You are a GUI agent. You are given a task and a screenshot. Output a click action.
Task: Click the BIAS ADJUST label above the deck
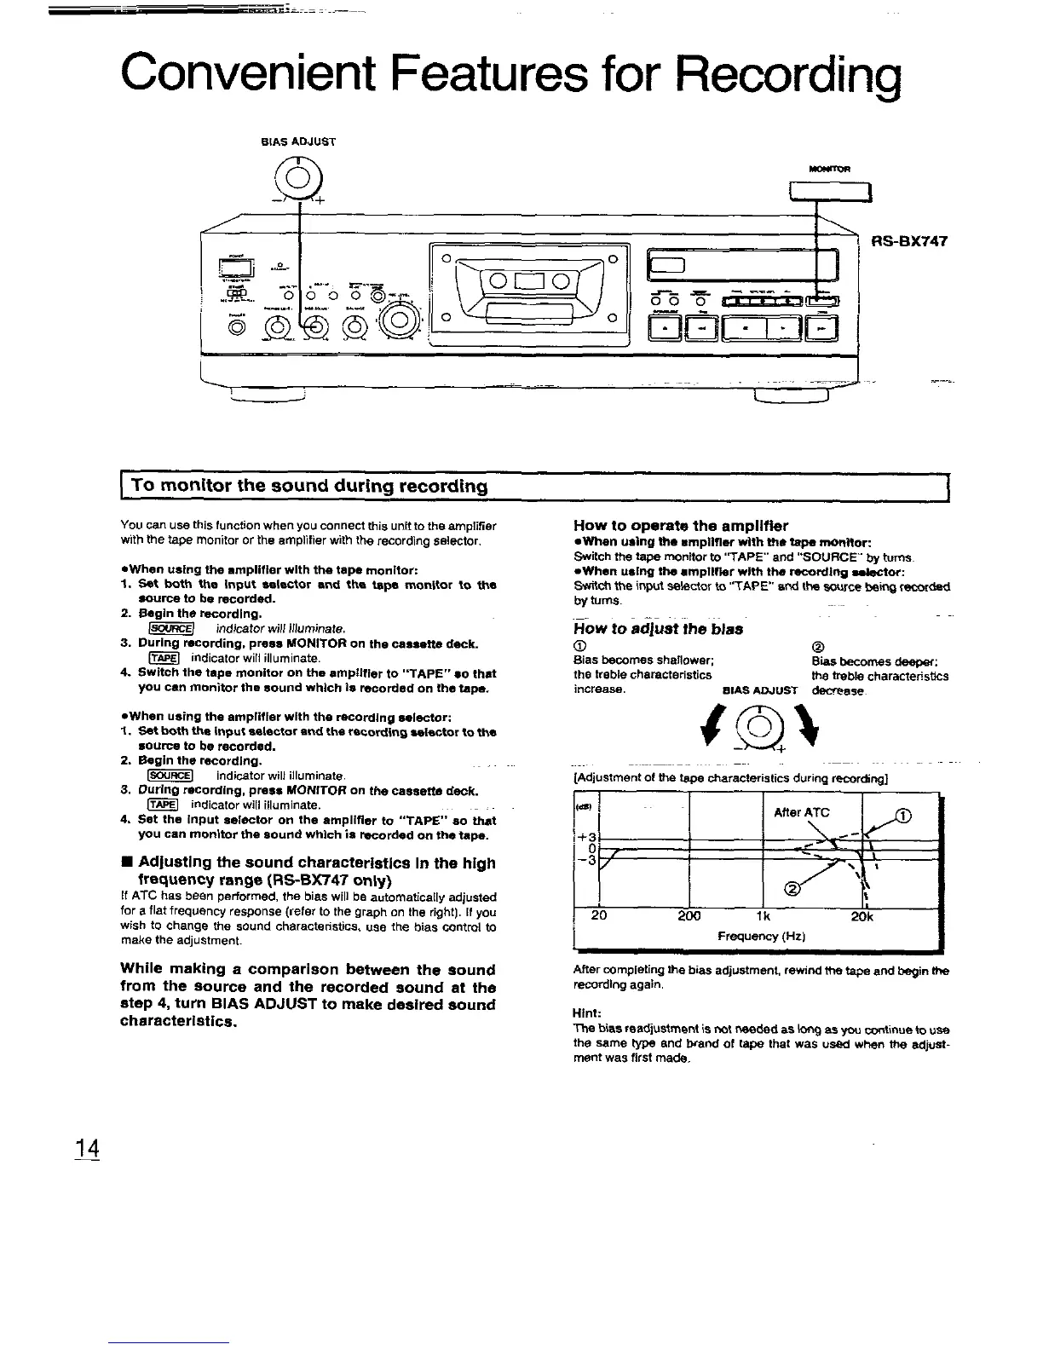pyautogui.click(x=298, y=142)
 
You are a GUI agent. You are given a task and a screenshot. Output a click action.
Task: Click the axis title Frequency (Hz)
pyautogui.click(x=762, y=937)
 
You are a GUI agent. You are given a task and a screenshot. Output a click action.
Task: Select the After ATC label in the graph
pyautogui.click(x=800, y=812)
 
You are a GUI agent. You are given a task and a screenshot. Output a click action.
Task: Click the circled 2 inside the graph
pyautogui.click(x=792, y=890)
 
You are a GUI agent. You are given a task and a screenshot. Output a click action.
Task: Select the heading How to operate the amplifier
pyautogui.click(x=681, y=525)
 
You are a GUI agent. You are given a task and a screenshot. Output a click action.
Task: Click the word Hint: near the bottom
pyautogui.click(x=589, y=1015)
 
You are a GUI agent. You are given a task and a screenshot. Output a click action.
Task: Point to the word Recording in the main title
pyautogui.click(x=776, y=75)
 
